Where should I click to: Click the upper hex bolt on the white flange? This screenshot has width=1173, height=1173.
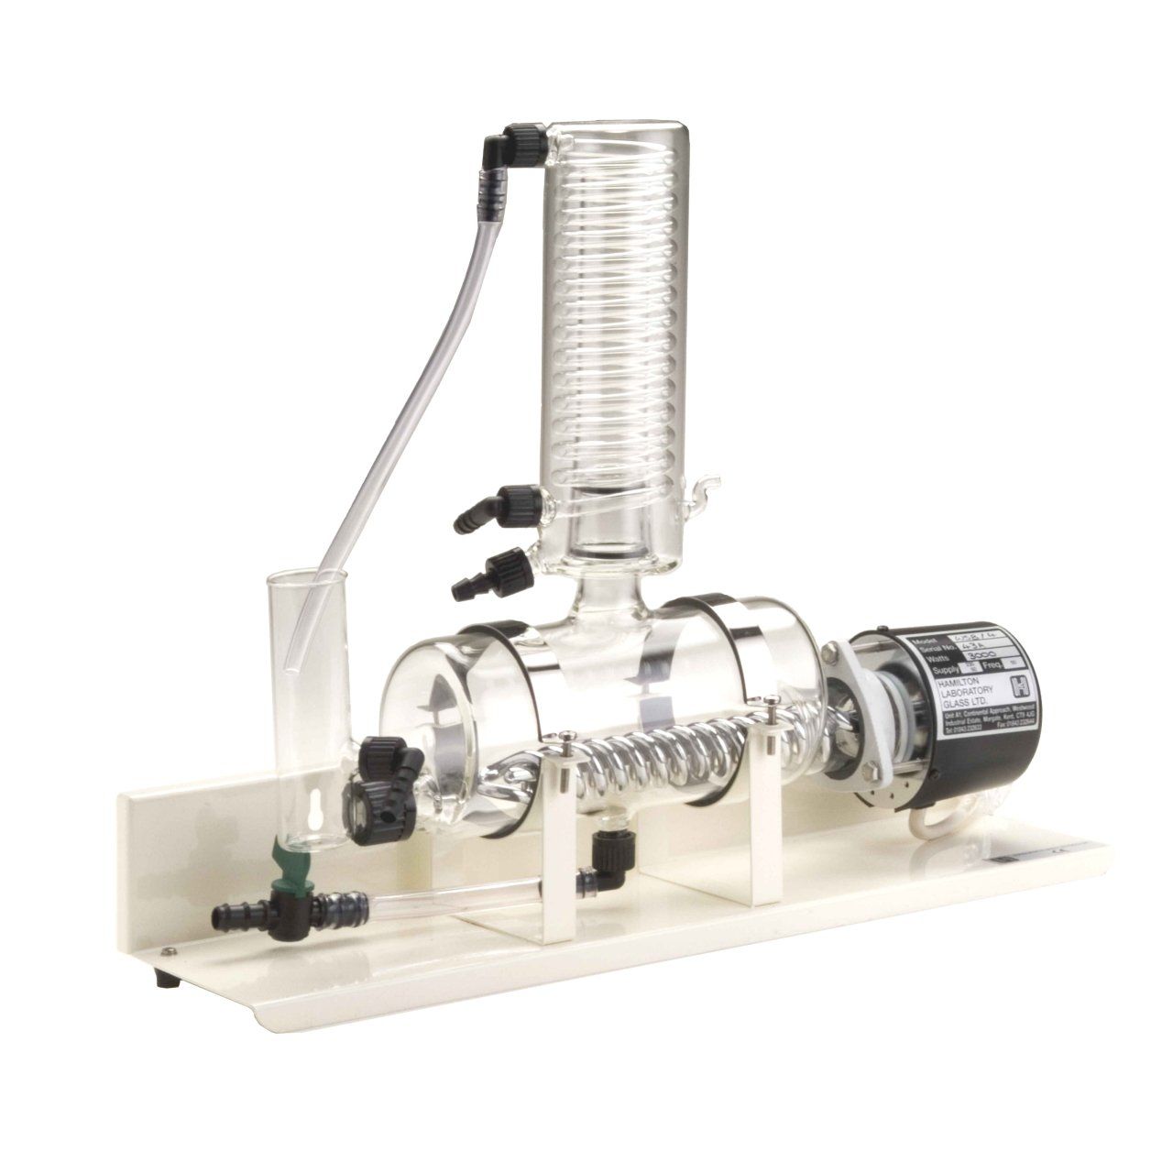[x=832, y=652]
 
